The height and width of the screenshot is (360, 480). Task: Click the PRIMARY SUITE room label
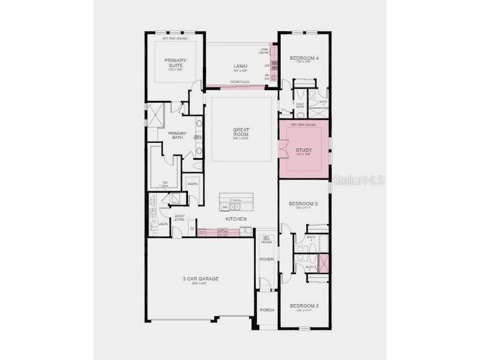(176, 63)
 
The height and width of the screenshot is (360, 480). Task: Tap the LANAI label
(240, 67)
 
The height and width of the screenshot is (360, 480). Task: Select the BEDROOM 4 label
(304, 58)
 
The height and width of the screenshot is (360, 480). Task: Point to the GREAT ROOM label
(241, 133)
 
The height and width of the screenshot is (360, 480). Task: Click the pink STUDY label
(304, 151)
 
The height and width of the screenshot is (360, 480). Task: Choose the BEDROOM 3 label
(304, 204)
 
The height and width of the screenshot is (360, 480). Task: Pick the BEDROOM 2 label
(304, 306)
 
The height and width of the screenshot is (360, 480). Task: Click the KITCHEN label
(236, 219)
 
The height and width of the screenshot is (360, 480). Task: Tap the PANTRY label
(193, 184)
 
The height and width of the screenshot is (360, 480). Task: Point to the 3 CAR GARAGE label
(200, 279)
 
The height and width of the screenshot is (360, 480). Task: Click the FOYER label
(267, 259)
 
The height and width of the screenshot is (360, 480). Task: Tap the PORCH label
(267, 310)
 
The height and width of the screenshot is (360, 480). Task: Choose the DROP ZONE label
(180, 218)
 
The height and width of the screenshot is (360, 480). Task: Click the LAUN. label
(163, 224)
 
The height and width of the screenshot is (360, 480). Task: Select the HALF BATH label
(300, 106)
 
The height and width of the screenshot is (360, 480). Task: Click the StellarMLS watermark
(358, 181)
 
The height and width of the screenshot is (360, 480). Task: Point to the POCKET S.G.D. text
(240, 82)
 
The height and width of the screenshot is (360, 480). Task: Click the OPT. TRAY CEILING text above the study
(304, 124)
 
